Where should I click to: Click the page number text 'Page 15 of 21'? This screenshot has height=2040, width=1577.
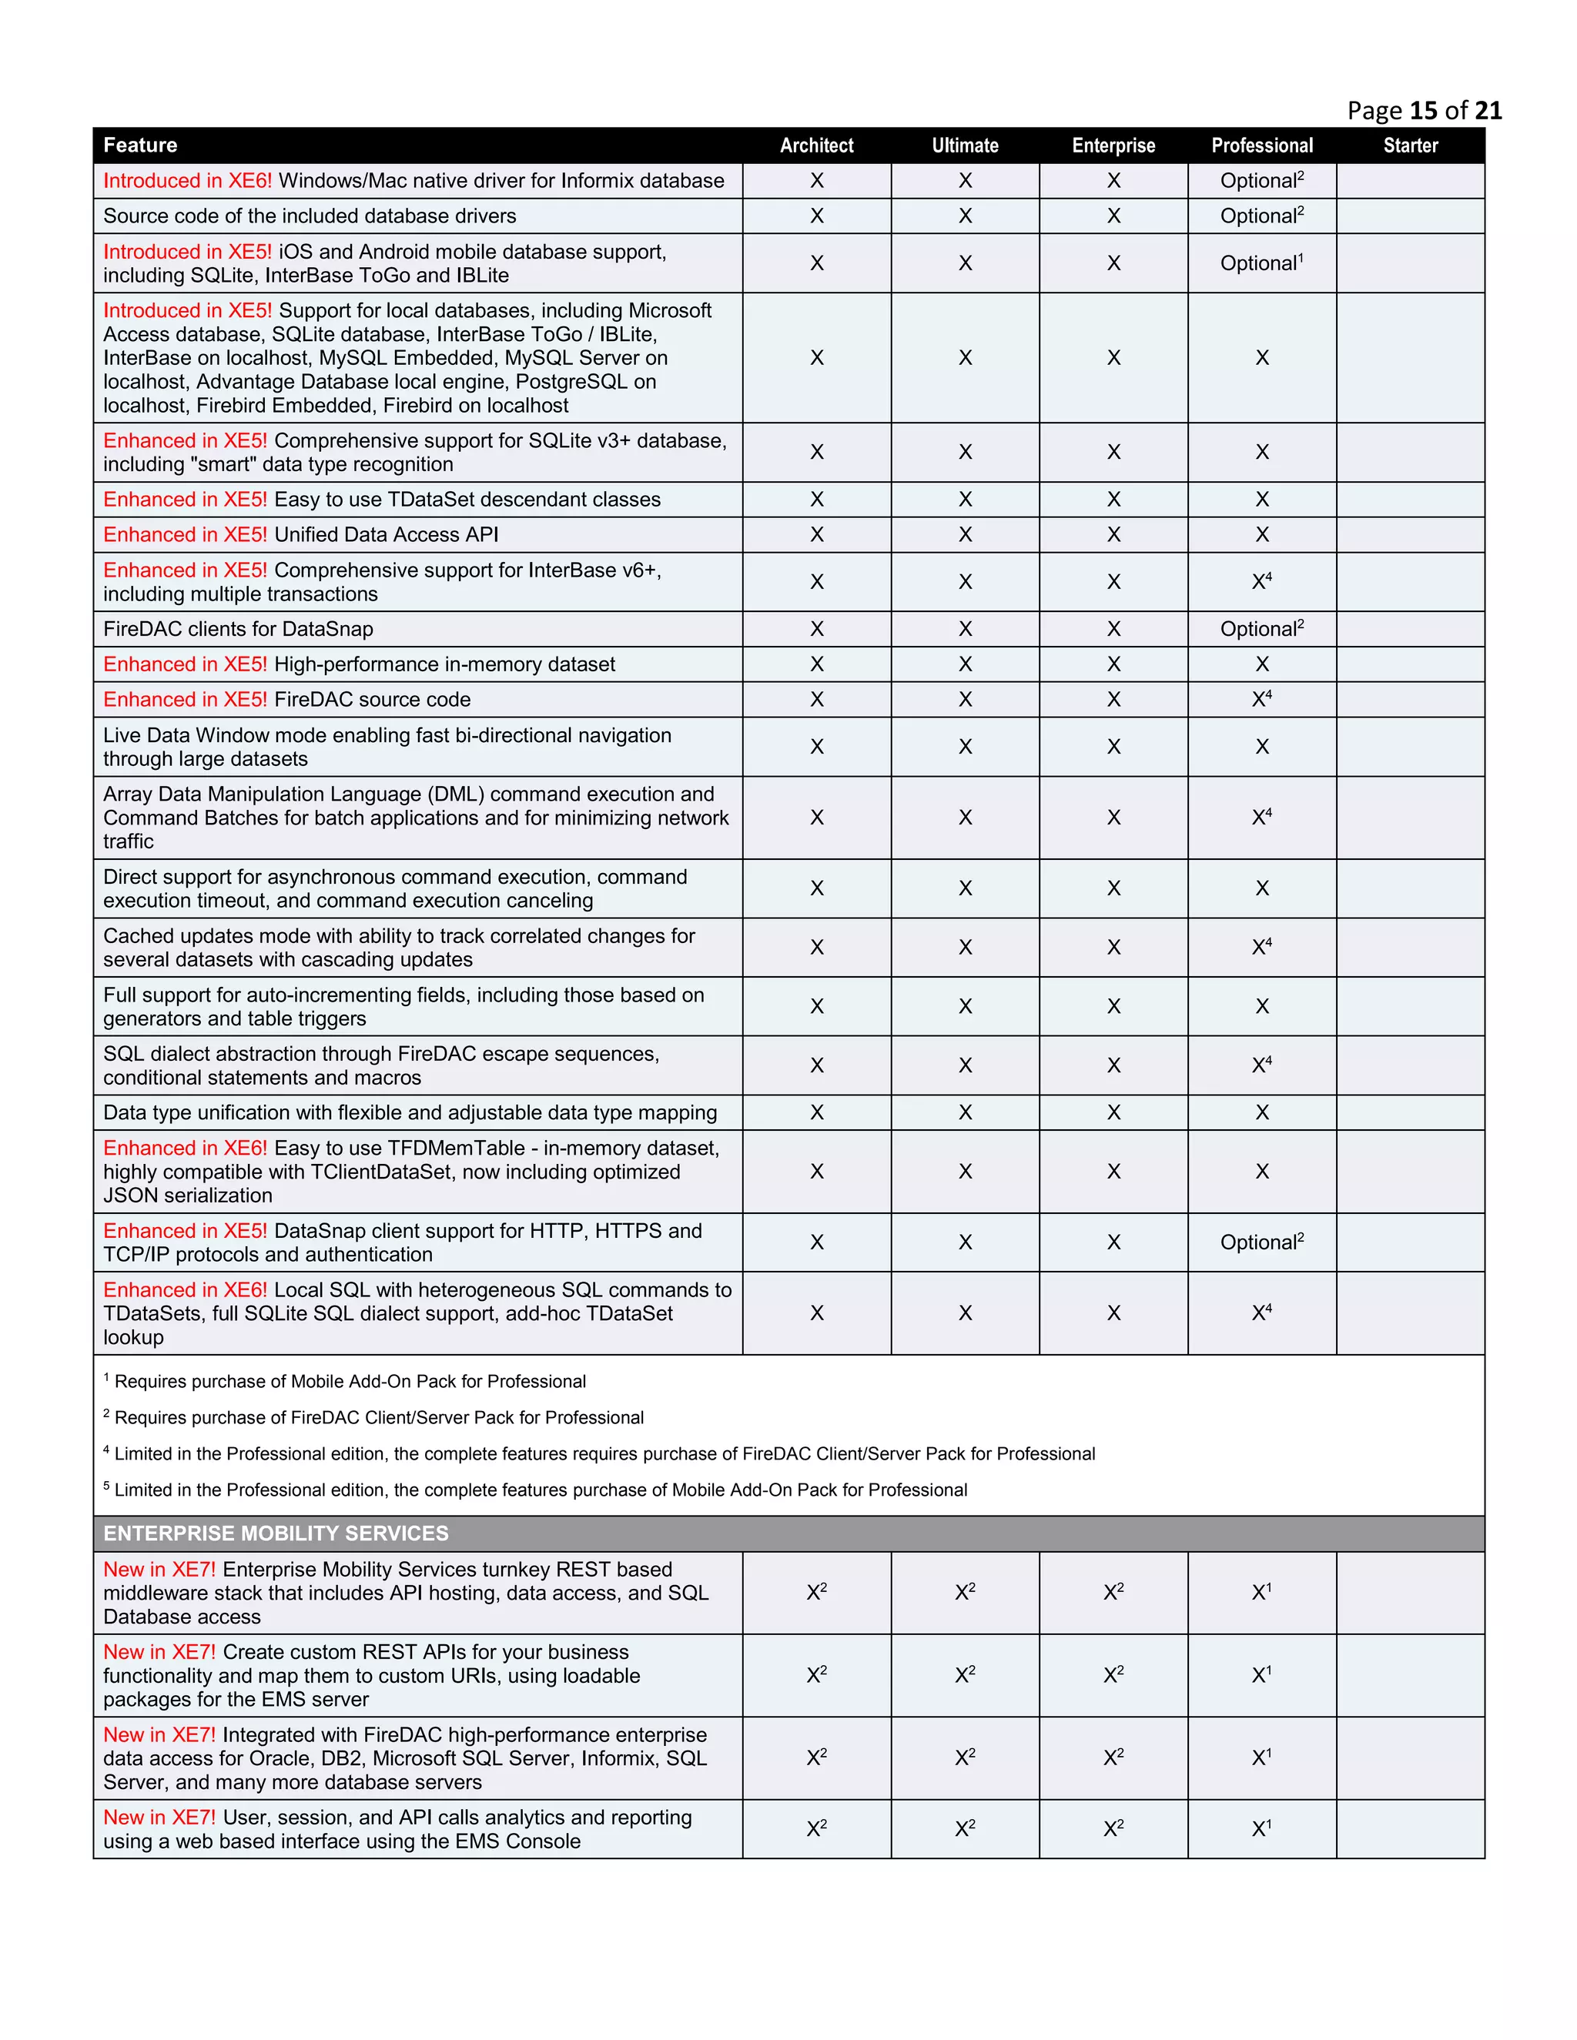pos(1424,110)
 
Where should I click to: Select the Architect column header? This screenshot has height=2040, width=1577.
pos(816,145)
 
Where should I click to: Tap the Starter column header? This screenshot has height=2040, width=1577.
pos(1410,145)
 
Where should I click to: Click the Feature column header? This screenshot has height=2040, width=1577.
pos(140,145)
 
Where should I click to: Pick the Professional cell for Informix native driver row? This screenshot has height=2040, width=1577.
pos(1261,181)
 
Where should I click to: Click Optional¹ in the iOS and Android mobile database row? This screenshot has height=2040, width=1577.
pos(1261,263)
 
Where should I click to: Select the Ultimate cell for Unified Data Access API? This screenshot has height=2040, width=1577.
pos(965,535)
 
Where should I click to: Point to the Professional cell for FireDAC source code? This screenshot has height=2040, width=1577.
pos(1261,700)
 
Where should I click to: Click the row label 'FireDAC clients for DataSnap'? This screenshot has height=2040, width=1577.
pos(238,630)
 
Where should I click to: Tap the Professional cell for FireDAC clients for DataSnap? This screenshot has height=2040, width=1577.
pos(1261,630)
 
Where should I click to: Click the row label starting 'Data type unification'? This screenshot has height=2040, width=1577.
pos(410,1113)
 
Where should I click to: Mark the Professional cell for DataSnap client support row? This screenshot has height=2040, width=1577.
pos(1261,1242)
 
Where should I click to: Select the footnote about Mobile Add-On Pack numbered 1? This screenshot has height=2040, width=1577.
pos(346,1382)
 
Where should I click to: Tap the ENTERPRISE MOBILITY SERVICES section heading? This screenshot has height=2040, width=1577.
pos(276,1533)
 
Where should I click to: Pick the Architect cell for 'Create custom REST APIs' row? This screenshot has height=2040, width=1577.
pos(816,1676)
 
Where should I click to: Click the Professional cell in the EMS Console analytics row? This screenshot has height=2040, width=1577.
pos(1261,1829)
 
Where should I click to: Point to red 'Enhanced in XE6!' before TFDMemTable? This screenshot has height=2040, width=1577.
pos(185,1149)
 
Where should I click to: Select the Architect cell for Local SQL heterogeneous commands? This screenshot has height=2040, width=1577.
pos(816,1313)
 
